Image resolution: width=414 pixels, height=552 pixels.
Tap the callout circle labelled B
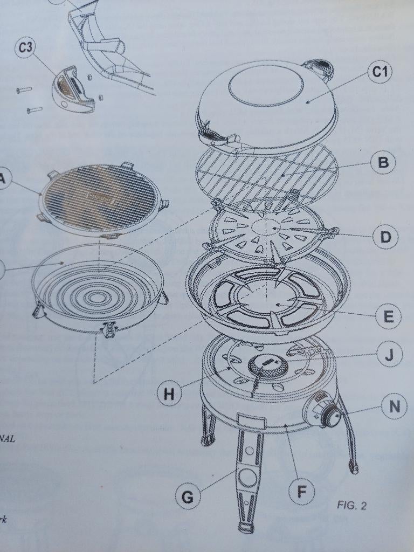(x=383, y=162)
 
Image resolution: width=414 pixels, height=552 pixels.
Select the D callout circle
(x=385, y=237)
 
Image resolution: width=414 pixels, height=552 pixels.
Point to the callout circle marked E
(x=389, y=316)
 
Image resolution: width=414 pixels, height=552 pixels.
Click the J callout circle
(x=389, y=354)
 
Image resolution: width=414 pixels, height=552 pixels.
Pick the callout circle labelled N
(x=395, y=406)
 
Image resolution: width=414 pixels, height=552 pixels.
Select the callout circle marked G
(x=188, y=496)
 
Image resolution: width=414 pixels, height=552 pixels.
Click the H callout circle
(x=169, y=394)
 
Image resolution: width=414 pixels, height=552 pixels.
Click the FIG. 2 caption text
(x=351, y=505)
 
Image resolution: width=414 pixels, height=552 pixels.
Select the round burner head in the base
(x=267, y=367)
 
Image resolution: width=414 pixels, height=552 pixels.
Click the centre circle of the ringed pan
(x=97, y=296)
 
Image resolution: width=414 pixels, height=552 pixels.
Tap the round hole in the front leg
(x=247, y=477)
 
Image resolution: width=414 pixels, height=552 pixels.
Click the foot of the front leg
(x=246, y=527)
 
